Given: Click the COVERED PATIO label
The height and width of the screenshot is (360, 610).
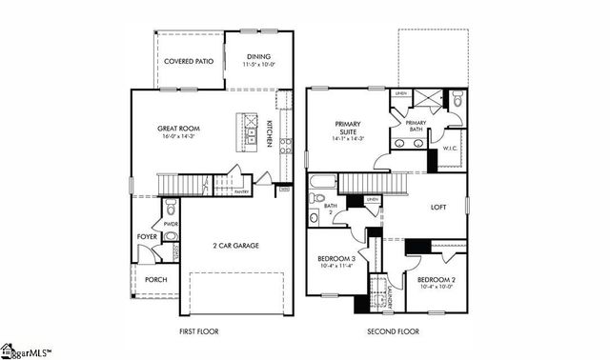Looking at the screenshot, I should (189, 60).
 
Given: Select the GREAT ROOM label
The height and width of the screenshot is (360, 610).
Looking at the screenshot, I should (176, 129).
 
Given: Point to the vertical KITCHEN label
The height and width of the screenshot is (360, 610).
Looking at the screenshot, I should (270, 134).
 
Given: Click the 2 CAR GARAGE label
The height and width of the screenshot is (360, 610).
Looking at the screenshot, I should (234, 245).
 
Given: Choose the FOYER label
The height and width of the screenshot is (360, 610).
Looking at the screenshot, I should (146, 236).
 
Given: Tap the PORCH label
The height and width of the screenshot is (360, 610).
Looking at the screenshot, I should (155, 279).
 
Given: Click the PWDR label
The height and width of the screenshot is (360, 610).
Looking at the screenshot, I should (172, 225).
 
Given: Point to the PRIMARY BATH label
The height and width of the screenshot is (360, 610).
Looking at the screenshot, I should (416, 126).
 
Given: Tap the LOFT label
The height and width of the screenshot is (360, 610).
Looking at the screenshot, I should (438, 207).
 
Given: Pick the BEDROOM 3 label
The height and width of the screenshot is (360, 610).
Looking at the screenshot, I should (336, 259).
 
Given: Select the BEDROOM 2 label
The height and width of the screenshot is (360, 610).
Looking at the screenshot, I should (436, 281).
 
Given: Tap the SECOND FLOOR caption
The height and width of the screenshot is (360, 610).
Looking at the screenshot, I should (393, 332).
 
